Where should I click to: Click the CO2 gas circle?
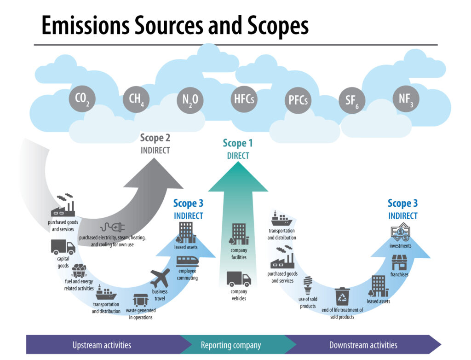coord(85,99)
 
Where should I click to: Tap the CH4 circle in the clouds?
coord(136,99)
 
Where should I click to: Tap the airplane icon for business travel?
coord(160,279)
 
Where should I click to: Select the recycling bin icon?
coord(342,297)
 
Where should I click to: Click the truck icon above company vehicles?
coord(239,279)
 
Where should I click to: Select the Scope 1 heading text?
coord(238,143)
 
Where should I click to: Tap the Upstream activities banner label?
coord(102,345)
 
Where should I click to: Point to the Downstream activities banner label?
coord(363,345)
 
